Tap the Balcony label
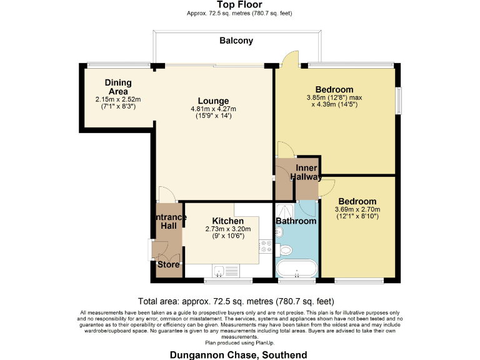[x=236, y=41]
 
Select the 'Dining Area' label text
[x=116, y=87]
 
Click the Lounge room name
[x=213, y=101]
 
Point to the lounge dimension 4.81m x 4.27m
[x=213, y=109]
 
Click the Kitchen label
[x=227, y=221]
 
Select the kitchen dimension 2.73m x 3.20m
[x=227, y=229]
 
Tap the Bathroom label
[x=296, y=221]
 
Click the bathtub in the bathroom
[x=296, y=268]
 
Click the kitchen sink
[x=219, y=270]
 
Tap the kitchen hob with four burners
[x=265, y=246]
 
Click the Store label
[x=168, y=264]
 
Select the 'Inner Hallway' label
[x=306, y=172]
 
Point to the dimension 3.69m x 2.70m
[x=357, y=209]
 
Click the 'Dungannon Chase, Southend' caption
[x=239, y=354]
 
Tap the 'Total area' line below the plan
[x=239, y=300]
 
